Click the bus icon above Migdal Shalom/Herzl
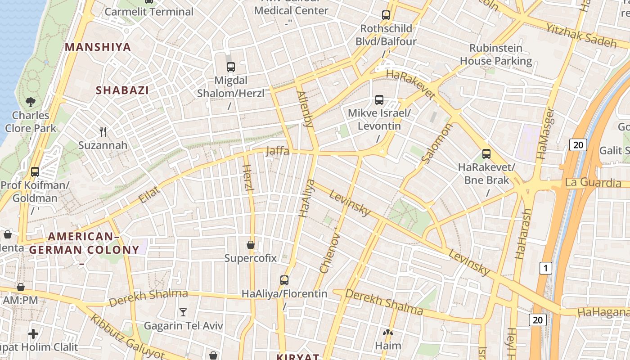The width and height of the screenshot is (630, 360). [x=231, y=67]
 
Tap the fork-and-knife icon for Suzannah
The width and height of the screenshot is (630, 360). [x=103, y=132]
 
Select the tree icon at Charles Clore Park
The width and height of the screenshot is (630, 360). [x=31, y=102]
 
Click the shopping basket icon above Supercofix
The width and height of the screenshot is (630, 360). [x=251, y=245]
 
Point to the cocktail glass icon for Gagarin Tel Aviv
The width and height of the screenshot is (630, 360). [x=183, y=312]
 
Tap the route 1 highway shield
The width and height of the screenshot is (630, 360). [x=545, y=269]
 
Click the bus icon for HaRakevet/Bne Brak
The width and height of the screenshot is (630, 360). [x=486, y=154]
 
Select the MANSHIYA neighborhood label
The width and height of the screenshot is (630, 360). [x=98, y=47]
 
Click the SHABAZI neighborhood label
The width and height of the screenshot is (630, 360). [x=122, y=90]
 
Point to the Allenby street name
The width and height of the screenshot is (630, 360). [x=305, y=109]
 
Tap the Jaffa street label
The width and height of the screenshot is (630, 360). [x=278, y=151]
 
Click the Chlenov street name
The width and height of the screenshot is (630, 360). [x=329, y=252]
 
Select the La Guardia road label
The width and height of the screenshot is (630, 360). [x=593, y=183]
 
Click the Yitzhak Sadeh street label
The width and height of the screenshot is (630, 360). [x=581, y=36]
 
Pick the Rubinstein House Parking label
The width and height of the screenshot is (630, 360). [x=496, y=54]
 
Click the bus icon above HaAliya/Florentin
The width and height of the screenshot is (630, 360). [x=284, y=280]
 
